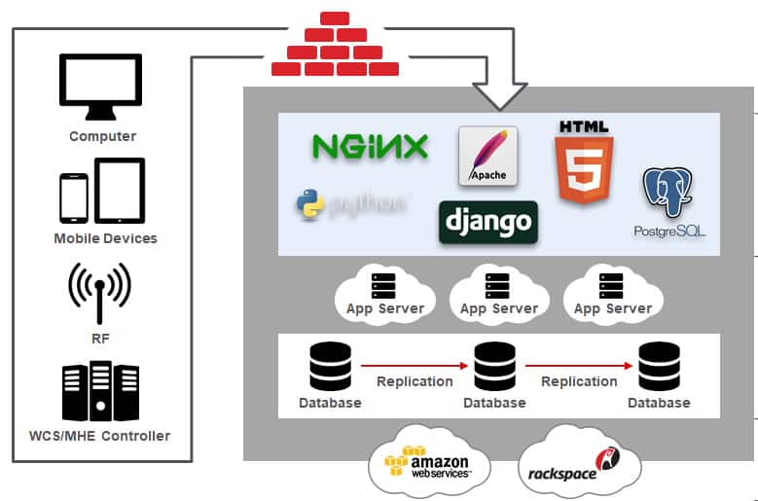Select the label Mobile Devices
pos(105,238)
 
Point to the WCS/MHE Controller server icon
pos(100,391)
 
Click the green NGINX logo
pos(370,147)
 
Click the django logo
pos(488,221)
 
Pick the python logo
pos(350,203)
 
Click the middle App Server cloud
pos(498,293)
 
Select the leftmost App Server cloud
pos(385,293)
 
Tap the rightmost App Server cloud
pos(612,293)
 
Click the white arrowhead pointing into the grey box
pos(500,95)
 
